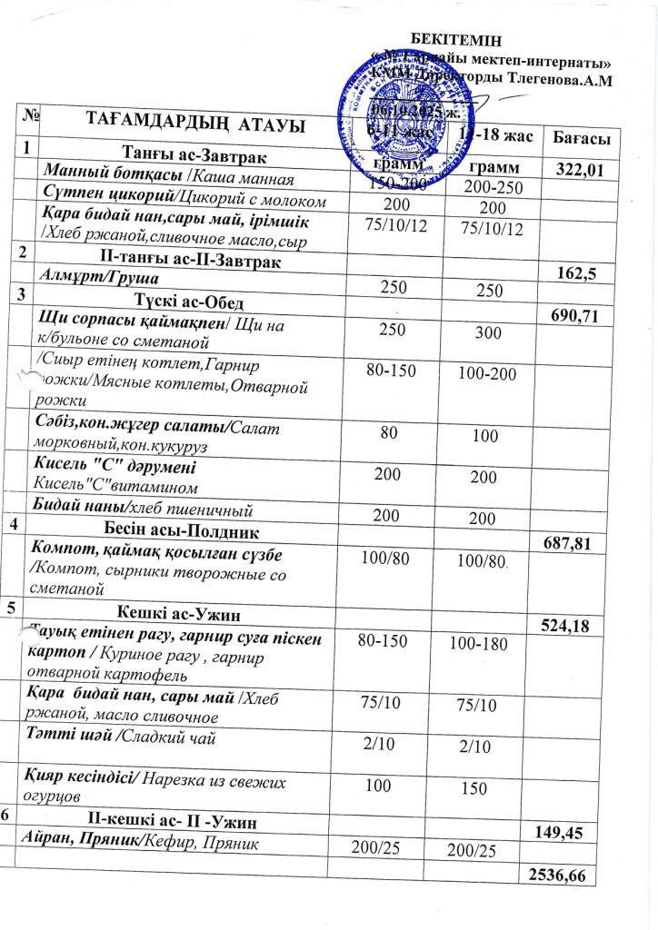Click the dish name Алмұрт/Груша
95,276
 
